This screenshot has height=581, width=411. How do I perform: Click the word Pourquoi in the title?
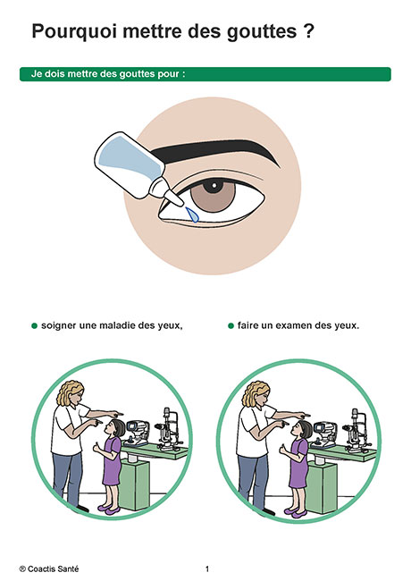(75, 32)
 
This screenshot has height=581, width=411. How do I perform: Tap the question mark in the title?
(309, 30)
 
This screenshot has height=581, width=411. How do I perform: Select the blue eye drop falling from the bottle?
(192, 215)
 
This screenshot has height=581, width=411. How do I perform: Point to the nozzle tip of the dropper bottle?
(180, 203)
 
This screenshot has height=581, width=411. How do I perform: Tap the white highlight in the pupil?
(214, 184)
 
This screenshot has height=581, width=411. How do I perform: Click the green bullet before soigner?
(35, 326)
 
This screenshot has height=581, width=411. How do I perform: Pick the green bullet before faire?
(231, 326)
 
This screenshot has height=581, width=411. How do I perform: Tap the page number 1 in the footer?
(207, 568)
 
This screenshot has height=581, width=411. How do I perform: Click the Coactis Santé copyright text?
(49, 568)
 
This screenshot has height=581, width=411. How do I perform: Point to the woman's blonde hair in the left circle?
(68, 393)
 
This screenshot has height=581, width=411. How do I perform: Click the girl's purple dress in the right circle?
(298, 463)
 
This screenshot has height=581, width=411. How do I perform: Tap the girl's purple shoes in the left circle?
(109, 509)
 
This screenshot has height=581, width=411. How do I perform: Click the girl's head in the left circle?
(117, 428)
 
